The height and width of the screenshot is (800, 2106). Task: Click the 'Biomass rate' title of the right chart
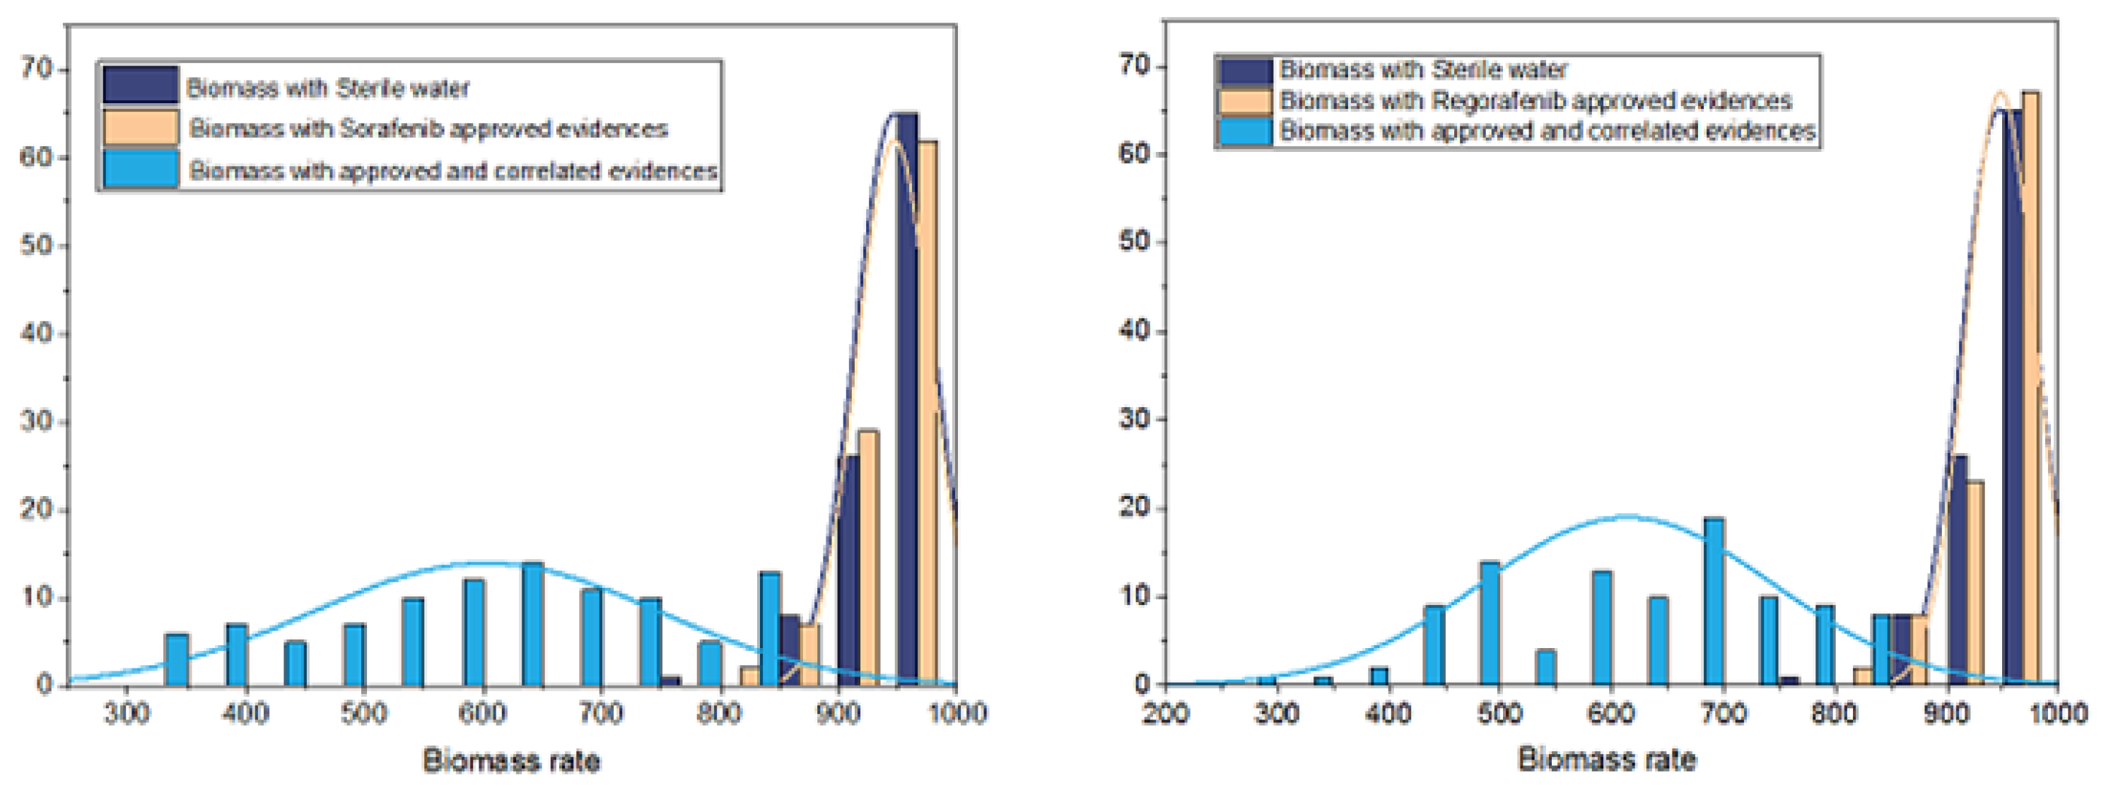1606,759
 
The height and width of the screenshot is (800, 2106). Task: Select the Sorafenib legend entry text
428,129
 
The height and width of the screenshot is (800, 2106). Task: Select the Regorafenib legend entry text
1535,100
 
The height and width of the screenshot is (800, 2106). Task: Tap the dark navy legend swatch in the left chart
140,85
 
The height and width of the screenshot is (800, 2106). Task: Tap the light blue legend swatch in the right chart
1244,131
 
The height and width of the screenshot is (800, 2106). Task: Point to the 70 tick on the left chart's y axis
36,69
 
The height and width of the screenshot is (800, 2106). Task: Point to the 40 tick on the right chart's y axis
1134,331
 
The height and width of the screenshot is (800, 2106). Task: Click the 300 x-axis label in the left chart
127,713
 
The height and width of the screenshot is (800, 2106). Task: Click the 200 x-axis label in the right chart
1165,713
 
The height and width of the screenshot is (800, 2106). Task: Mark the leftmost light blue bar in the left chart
177,659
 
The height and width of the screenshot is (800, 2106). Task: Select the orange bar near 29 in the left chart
868,558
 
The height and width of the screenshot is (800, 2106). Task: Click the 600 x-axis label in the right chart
1610,713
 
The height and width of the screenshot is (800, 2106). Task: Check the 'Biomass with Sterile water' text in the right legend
1423,69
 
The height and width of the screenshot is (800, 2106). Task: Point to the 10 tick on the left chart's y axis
36,597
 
